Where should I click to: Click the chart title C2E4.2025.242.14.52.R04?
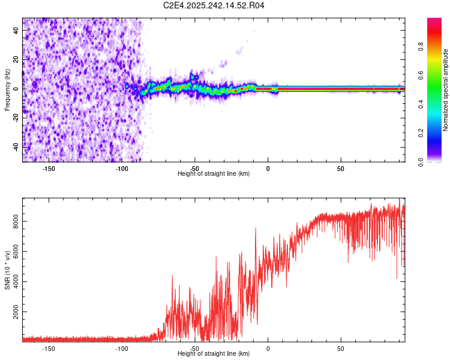coord(214,5)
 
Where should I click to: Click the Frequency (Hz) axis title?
coord(7,90)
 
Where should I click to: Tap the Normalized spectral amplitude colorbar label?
coord(446,90)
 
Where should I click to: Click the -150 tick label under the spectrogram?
coord(49,168)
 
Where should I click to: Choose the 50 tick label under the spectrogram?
coord(341,168)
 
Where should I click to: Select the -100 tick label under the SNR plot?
coord(122,348)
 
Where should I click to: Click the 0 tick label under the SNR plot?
coord(268,348)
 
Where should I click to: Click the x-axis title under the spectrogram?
coord(214,173)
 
